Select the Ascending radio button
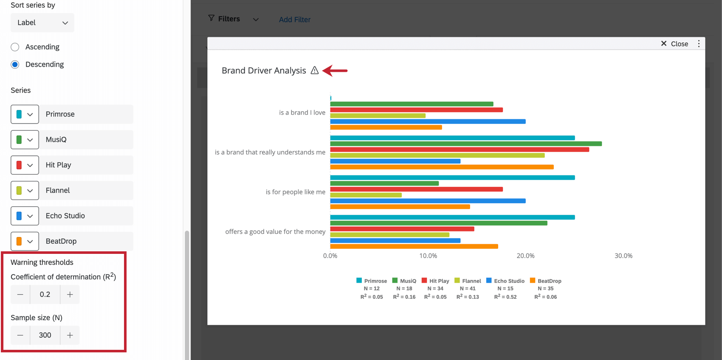tap(15, 47)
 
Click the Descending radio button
tap(15, 65)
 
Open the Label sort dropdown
tap(42, 22)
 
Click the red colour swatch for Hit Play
tap(19, 165)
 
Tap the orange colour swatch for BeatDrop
tap(19, 241)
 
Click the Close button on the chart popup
tap(674, 44)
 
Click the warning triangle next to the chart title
tap(314, 70)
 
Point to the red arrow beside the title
tap(335, 70)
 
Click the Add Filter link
tap(294, 20)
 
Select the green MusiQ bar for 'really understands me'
tap(465, 144)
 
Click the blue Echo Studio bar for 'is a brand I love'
tap(428, 121)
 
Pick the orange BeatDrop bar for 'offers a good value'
tap(414, 246)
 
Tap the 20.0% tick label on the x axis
tap(525, 256)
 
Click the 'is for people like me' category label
tap(295, 192)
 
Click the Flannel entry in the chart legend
tap(468, 281)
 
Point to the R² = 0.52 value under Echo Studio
tap(505, 297)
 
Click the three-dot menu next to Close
tap(699, 44)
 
